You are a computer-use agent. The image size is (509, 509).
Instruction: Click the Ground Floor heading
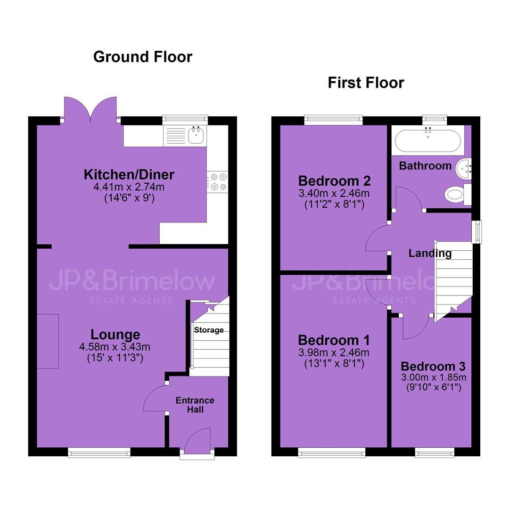click(142, 57)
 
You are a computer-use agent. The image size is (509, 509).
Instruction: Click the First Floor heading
click(366, 83)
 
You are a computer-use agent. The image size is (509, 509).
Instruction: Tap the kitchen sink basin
click(196, 135)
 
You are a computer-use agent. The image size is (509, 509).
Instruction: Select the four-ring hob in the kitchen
click(218, 182)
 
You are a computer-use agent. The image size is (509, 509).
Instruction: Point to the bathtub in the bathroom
click(427, 140)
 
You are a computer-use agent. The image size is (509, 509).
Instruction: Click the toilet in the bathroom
click(458, 194)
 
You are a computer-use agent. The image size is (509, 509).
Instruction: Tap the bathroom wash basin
click(464, 168)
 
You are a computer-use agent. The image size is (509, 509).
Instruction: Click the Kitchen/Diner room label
click(129, 175)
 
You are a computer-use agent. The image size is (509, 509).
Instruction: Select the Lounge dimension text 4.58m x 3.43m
click(115, 347)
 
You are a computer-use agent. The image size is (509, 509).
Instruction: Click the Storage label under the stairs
click(209, 330)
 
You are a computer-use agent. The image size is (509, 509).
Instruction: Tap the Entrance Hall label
click(195, 405)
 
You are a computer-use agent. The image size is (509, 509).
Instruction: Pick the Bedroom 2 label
click(334, 181)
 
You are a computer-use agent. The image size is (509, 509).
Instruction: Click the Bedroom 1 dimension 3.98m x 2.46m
click(334, 353)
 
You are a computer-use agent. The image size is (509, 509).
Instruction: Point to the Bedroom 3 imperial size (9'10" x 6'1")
click(434, 387)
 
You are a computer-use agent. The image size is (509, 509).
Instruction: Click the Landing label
click(430, 254)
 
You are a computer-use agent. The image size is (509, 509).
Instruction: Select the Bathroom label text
click(425, 166)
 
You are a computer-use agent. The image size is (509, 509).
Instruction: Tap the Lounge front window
click(99, 452)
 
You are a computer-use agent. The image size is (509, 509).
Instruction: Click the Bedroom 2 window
click(333, 120)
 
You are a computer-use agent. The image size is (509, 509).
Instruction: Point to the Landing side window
click(476, 232)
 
